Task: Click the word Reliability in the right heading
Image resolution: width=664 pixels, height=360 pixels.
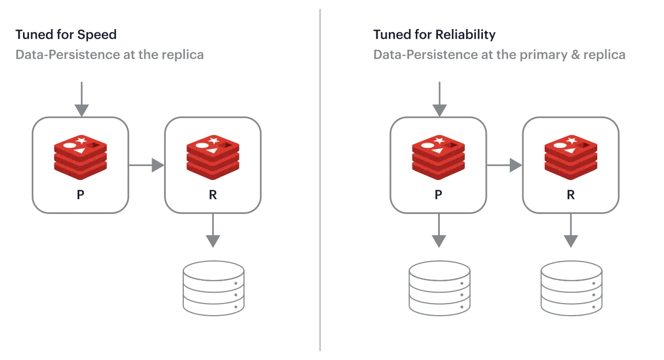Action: coord(465,35)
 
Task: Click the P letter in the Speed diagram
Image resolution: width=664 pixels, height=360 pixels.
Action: coord(80,195)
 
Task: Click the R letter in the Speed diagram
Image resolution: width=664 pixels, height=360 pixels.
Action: coord(213,195)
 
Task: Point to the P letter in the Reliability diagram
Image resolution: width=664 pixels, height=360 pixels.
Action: coord(438,195)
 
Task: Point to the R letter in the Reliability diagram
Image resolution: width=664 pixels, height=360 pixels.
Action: coord(570,195)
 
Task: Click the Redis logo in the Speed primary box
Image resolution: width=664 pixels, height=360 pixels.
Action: coord(80,157)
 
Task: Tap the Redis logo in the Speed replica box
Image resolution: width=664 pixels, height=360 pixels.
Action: coord(213,157)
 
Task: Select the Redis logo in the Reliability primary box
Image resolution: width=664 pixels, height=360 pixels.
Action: coord(438,157)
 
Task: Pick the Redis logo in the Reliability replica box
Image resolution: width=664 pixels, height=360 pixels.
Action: coord(570,157)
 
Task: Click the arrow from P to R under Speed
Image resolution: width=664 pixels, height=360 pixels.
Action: coord(147,165)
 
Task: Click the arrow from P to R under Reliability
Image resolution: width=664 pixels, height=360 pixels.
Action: coord(504,165)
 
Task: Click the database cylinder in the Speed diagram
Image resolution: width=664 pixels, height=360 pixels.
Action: coord(213,288)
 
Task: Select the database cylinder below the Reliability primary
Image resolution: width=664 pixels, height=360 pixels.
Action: coord(439,288)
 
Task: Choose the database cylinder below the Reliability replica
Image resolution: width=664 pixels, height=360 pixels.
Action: coord(571,288)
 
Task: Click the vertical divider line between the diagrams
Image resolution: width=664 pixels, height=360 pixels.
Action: coord(320,181)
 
